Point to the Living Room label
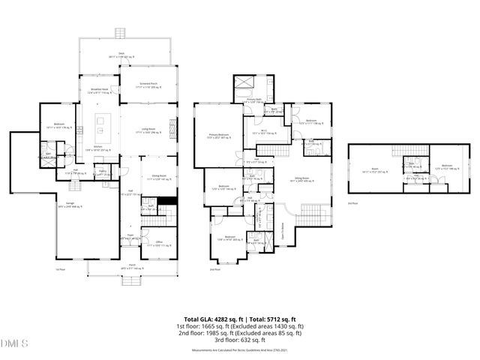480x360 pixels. point(148,131)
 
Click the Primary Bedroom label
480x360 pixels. point(218,136)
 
